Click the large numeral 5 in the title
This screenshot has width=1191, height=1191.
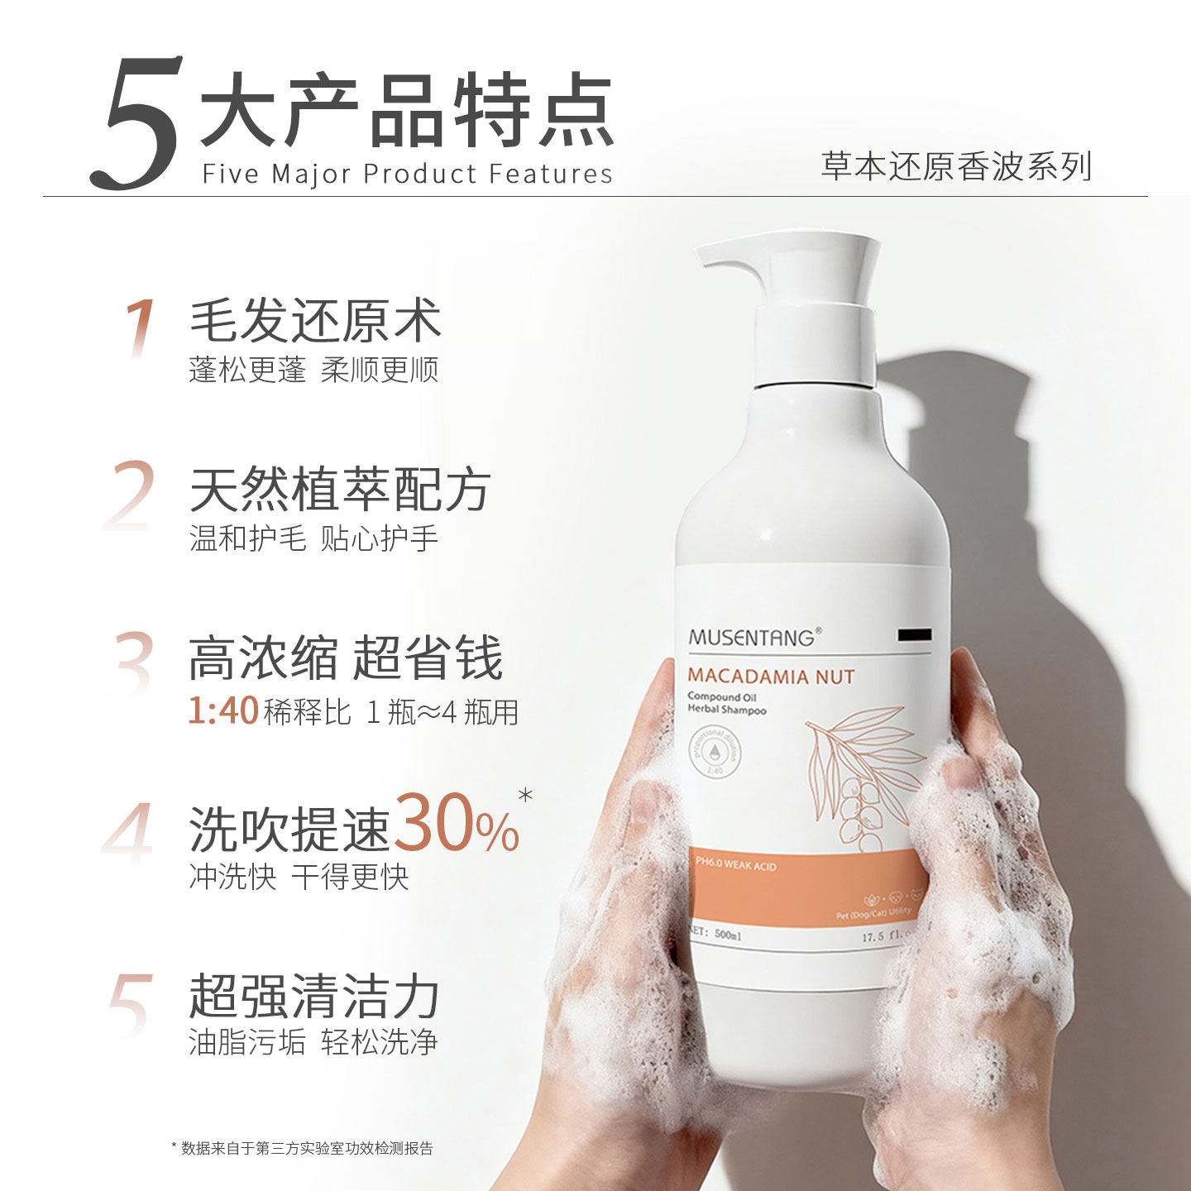point(136,124)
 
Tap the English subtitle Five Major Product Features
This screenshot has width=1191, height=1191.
point(407,174)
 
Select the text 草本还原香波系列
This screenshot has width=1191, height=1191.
point(956,166)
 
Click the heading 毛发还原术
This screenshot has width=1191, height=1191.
point(315,321)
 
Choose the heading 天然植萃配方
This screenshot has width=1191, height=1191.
point(340,490)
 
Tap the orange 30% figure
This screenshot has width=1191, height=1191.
point(456,824)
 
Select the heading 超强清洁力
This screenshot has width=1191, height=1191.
point(313,997)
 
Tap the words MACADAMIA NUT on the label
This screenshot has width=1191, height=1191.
point(771,677)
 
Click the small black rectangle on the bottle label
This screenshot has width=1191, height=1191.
point(914,634)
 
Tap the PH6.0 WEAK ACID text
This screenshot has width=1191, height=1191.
point(735,866)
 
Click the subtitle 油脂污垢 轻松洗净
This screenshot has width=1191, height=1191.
point(313,1042)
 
